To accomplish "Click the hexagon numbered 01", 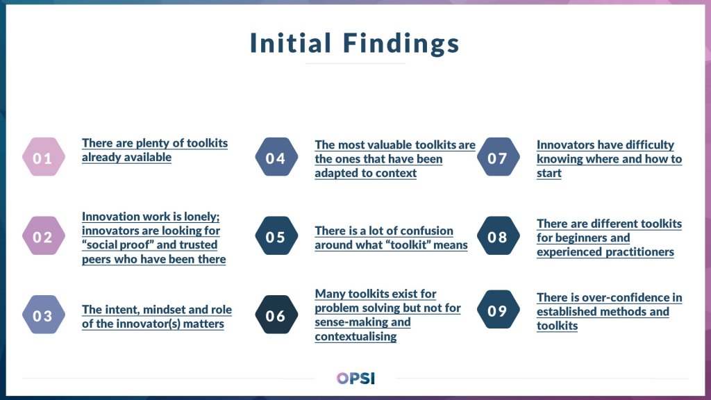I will tap(43, 158).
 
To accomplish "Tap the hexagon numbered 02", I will tap(43, 237).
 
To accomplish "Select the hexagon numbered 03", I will tap(43, 316).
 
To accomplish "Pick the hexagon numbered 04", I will tap(276, 158).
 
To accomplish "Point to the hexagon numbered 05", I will tap(276, 237).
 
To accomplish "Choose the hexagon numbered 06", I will tap(276, 316).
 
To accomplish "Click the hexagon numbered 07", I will tap(497, 158).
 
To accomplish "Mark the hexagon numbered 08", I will tap(497, 237).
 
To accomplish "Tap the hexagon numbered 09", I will tap(497, 310).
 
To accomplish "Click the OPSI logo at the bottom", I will tap(355, 378).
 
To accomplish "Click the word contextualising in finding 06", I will tap(355, 337).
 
